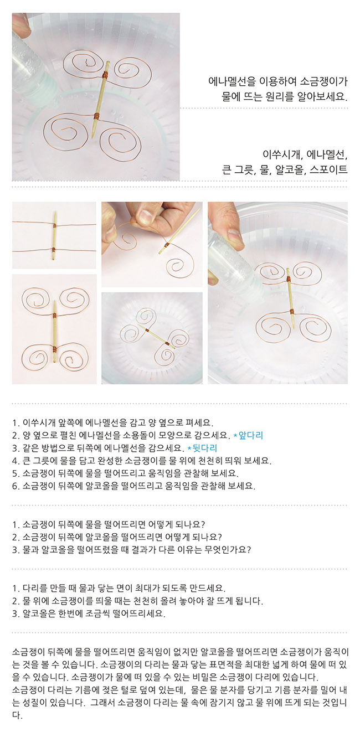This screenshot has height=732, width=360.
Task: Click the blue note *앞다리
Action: (248, 435)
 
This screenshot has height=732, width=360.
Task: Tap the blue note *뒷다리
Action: (202, 448)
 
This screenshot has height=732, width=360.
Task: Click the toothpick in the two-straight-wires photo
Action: (54, 235)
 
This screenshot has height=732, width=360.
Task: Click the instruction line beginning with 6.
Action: (133, 486)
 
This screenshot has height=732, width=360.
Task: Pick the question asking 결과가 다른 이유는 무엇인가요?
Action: (132, 549)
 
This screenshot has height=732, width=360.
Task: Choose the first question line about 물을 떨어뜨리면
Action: (109, 524)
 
